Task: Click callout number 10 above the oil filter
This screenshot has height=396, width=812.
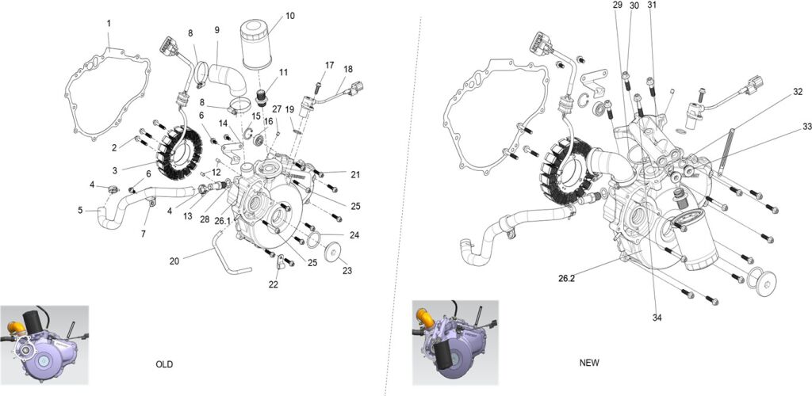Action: tap(289, 15)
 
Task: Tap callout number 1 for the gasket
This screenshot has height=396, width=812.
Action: tap(109, 24)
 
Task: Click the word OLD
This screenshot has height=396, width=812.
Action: tap(164, 364)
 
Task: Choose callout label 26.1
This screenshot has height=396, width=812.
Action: tap(222, 221)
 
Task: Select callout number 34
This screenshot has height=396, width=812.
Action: tap(657, 318)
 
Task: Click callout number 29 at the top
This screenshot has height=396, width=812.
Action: tap(618, 6)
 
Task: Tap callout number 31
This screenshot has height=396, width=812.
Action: tap(652, 6)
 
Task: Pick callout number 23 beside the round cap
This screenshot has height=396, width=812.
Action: tap(347, 270)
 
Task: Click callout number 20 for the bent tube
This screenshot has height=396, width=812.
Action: tap(174, 261)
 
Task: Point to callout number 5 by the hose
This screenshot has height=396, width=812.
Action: tap(80, 211)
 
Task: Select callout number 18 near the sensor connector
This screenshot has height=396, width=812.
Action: tap(349, 69)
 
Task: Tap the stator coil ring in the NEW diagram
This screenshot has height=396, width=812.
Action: tap(565, 169)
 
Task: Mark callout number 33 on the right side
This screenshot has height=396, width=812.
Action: tap(806, 127)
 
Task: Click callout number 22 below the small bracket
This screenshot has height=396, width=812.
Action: tap(274, 284)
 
